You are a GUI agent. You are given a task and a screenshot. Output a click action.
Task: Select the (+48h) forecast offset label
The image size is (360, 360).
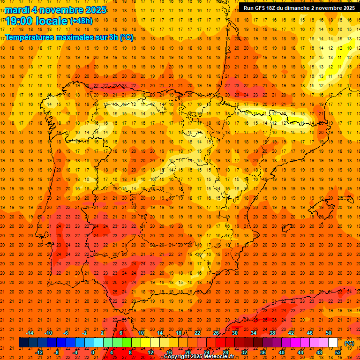[81, 21]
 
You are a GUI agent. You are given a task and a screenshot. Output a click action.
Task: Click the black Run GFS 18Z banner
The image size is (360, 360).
[299, 7]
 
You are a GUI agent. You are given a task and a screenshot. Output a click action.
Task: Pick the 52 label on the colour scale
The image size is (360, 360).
[338, 352]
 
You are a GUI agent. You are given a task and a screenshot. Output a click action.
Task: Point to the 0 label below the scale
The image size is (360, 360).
[93, 352]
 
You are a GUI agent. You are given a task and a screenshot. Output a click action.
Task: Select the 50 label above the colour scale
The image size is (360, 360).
[329, 333]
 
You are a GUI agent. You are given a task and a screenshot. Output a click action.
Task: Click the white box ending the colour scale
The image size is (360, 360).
[333, 343]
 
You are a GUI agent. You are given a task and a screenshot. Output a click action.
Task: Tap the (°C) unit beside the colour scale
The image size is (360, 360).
[349, 343]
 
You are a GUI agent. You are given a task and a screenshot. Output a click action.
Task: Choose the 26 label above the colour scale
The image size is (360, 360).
[216, 333]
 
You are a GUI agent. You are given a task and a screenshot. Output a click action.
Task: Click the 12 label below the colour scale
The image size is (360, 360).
[150, 352]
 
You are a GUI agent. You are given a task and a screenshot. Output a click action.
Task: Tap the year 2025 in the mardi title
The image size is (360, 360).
[94, 10]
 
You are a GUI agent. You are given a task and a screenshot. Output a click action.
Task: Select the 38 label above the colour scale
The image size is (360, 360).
[272, 333]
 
